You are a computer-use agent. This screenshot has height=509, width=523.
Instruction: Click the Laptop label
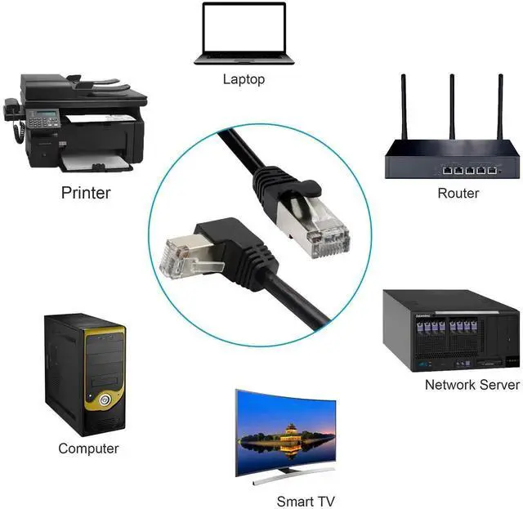[244, 79]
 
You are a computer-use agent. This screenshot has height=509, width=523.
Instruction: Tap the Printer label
[85, 193]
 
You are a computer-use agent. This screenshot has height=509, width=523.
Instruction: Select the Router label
[458, 193]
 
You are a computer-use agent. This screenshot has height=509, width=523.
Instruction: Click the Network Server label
[472, 384]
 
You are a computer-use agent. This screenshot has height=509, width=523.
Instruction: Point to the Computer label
[88, 449]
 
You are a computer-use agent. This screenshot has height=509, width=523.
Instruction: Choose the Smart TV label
[305, 501]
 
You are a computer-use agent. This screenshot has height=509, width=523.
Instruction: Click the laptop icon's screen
[244, 30]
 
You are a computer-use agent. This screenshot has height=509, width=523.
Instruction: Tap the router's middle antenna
[451, 106]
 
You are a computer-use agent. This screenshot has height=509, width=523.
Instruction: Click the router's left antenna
[404, 106]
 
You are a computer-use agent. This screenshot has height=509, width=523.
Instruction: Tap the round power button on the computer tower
[104, 401]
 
